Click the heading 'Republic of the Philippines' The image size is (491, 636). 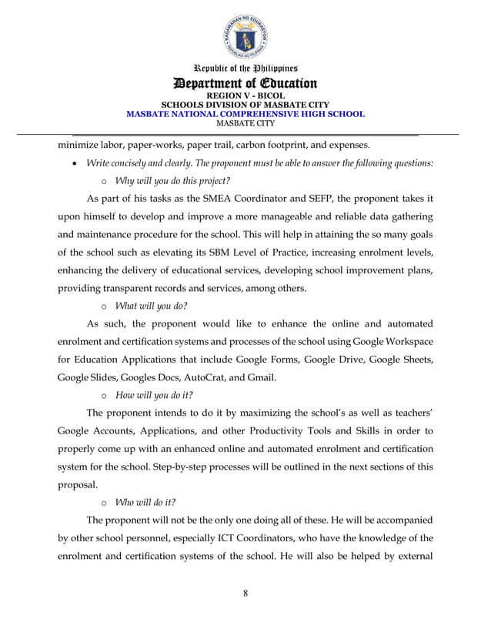click(245, 69)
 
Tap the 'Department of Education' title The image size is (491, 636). click(245, 83)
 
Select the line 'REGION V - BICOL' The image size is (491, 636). click(245, 95)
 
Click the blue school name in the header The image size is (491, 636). click(245, 113)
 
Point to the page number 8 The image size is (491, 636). click(245, 592)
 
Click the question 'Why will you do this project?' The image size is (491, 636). click(172, 181)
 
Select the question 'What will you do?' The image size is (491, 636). click(151, 306)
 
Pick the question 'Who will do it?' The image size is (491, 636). click(145, 501)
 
